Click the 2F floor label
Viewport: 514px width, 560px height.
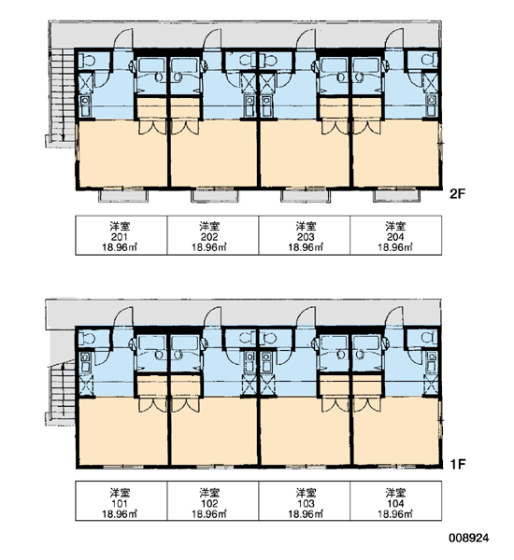458,194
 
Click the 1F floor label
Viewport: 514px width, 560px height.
458,464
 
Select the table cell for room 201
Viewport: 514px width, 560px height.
121,235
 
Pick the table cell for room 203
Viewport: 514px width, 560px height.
305,235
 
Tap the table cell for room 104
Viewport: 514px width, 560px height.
396,500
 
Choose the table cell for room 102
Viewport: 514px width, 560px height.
213,500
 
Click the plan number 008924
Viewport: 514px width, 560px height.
468,538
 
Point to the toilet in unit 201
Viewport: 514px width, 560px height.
87,60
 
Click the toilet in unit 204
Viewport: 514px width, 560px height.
430,59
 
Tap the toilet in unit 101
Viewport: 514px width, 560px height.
87,338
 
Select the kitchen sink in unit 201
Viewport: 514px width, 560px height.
85,106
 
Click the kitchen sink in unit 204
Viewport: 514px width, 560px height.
431,105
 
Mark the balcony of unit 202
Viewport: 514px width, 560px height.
215,195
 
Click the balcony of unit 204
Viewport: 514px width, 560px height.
396,195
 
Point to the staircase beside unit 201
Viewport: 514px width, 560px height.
61,96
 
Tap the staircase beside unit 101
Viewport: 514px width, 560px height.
61,392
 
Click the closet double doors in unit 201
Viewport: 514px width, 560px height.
152,127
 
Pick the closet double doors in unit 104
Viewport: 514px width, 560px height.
367,405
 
